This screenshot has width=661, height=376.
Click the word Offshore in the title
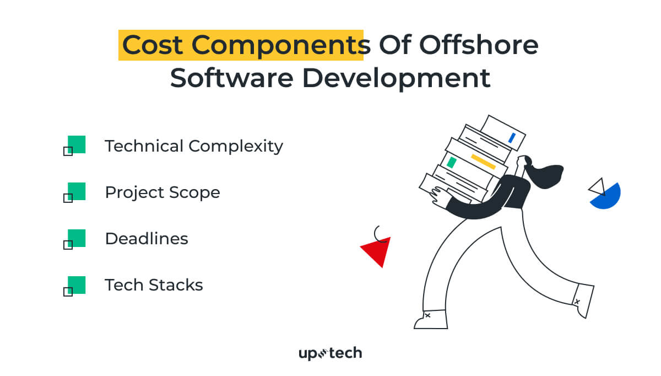pyautogui.click(x=479, y=45)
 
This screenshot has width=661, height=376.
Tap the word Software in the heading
pyautogui.click(x=232, y=78)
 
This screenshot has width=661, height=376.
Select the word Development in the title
pyautogui.click(x=396, y=79)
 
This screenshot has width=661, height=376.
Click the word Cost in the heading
pyautogui.click(x=153, y=45)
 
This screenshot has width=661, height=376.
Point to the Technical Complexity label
pyautogui.click(x=194, y=146)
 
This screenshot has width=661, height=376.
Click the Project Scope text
pyautogui.click(x=162, y=192)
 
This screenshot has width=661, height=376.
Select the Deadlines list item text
pyautogui.click(x=147, y=239)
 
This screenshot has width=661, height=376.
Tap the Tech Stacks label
pyautogui.click(x=154, y=285)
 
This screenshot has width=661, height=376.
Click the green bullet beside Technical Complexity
pyautogui.click(x=77, y=144)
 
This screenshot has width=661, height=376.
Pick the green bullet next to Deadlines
pyautogui.click(x=77, y=238)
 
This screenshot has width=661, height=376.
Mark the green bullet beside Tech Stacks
pyautogui.click(x=77, y=285)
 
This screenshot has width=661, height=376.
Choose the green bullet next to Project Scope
pyautogui.click(x=77, y=191)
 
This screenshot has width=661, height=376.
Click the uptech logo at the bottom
pyautogui.click(x=330, y=353)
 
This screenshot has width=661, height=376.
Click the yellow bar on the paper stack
pyautogui.click(x=483, y=162)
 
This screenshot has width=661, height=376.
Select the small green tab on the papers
pyautogui.click(x=452, y=163)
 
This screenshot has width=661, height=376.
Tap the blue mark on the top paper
pyautogui.click(x=512, y=138)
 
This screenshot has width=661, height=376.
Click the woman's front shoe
pyautogui.click(x=431, y=319)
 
